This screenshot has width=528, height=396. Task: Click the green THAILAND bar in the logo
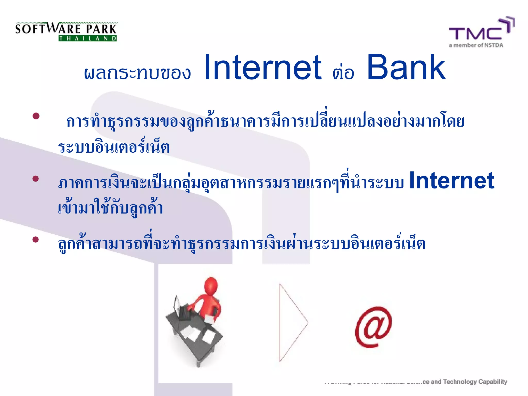pos(88,38)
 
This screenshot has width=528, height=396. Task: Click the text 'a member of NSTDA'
pos(476,45)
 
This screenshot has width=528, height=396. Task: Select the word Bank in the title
pos(406,68)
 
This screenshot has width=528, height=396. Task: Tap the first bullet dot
pos(36,116)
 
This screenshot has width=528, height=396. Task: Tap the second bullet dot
pos(36,178)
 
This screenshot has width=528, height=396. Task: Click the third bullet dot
pos(36,240)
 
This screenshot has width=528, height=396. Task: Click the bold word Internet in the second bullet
pos(451,180)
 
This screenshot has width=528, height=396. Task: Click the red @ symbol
pos(373,327)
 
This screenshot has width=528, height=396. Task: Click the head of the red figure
pos(211,285)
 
